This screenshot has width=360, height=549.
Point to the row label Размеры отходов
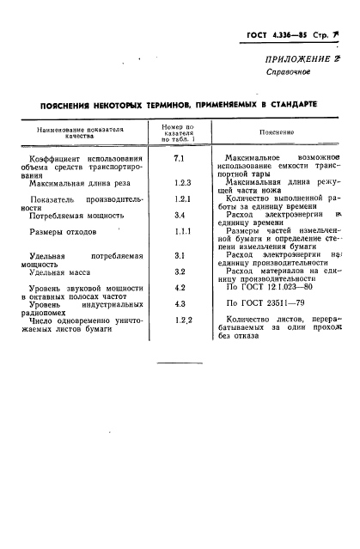coord(64,232)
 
